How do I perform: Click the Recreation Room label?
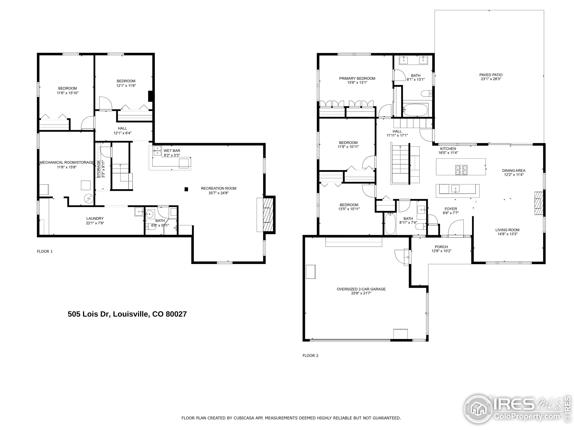[x=218, y=188]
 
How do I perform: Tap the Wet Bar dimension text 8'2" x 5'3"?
[x=172, y=155]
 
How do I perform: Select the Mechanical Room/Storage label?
[x=66, y=163]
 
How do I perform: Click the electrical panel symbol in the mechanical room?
[x=88, y=199]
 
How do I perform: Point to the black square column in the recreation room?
[x=186, y=189]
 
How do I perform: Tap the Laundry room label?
[x=95, y=219]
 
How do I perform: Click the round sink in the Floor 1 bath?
[x=150, y=214]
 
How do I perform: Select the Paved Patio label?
[x=491, y=75]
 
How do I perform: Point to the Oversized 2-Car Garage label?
[x=361, y=289]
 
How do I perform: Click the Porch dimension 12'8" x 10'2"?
[x=441, y=251]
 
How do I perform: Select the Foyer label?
[x=451, y=209]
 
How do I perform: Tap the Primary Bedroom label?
[x=357, y=79]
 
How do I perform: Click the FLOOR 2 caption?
[x=310, y=356]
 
